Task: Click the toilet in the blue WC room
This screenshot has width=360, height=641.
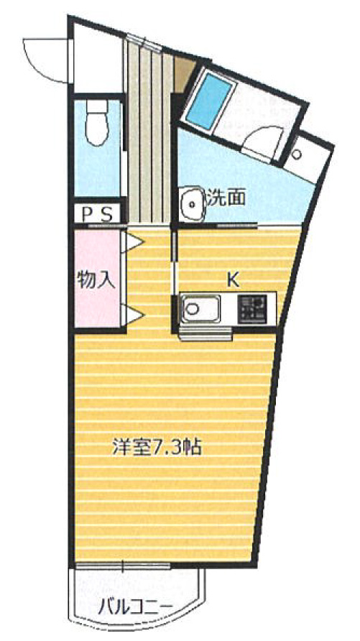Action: click(x=97, y=123)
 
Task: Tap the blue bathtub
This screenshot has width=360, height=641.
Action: click(x=208, y=99)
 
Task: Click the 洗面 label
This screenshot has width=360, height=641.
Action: click(x=226, y=198)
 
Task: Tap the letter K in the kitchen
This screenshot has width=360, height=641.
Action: click(x=233, y=280)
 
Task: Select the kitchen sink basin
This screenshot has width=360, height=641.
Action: click(x=200, y=309)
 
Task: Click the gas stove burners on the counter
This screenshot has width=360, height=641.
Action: click(x=252, y=309)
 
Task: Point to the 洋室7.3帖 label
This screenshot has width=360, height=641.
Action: click(x=158, y=447)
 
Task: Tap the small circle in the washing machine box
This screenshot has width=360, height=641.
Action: click(x=297, y=155)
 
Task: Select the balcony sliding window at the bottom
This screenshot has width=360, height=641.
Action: click(x=123, y=566)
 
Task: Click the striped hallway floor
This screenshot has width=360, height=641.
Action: click(x=149, y=135)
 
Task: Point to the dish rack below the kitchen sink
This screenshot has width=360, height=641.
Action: click(x=206, y=333)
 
